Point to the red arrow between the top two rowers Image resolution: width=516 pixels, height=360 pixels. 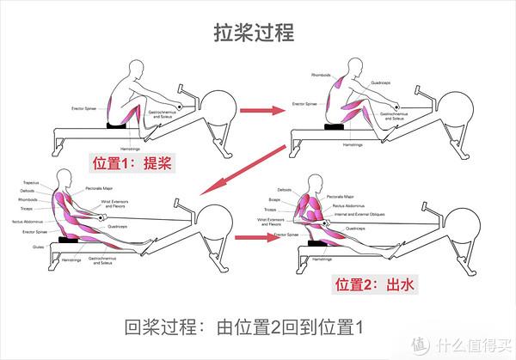coord(261,111)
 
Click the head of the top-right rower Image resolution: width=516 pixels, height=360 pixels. coord(358,69)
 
